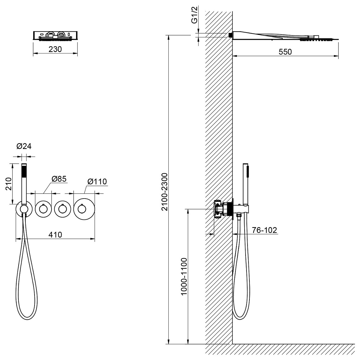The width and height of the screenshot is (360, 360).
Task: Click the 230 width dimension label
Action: click(x=55, y=49)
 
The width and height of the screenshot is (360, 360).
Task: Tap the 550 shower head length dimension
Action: click(x=285, y=52)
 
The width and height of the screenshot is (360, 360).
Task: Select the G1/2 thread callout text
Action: click(x=194, y=17)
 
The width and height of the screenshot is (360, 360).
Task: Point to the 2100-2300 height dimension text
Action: click(x=165, y=192)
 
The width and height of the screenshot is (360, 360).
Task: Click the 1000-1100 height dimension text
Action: click(x=184, y=276)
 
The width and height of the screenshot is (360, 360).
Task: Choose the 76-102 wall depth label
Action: click(x=264, y=230)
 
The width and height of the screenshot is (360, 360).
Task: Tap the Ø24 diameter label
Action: click(x=24, y=146)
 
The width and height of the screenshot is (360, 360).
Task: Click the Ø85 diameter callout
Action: click(x=59, y=179)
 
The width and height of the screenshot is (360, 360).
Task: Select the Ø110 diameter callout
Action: click(x=97, y=181)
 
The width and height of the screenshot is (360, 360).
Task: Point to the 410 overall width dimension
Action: click(x=55, y=235)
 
